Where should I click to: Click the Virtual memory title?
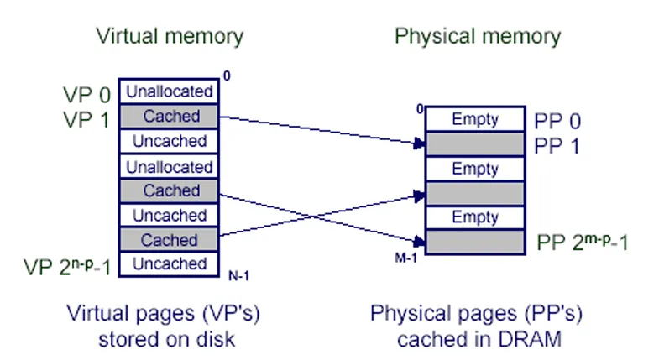[170, 36]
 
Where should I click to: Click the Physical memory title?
[477, 36]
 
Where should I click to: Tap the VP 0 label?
[86, 92]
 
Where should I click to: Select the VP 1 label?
[86, 118]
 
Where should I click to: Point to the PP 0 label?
[557, 120]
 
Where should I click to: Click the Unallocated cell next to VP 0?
[169, 91]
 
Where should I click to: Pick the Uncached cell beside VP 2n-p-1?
[169, 263]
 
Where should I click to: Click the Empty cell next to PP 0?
[475, 120]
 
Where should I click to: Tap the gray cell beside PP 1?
[475, 144]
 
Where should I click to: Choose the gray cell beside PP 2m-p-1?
[475, 243]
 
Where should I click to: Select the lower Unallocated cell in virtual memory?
[169, 166]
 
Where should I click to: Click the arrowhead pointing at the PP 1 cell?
[419, 145]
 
